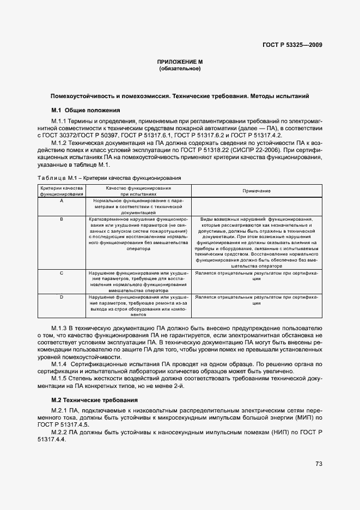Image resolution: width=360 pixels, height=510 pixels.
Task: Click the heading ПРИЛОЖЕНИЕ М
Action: point(180,62)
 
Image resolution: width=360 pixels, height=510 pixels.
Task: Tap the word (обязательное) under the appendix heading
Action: point(180,69)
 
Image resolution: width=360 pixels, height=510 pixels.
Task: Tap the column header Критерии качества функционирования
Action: point(62,191)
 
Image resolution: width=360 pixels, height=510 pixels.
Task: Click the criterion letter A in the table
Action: point(62,202)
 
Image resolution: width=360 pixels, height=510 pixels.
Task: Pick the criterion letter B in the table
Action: point(62,219)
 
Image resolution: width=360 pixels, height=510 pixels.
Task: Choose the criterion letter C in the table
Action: point(62,272)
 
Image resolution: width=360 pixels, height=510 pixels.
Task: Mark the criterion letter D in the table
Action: point(62,297)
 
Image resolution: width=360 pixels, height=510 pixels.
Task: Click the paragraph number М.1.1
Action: point(58,120)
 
